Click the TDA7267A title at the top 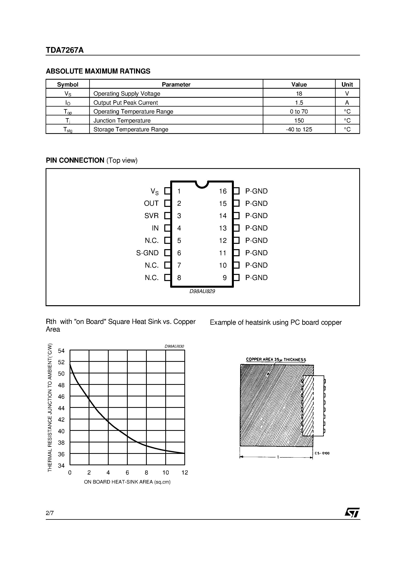pyautogui.click(x=65, y=50)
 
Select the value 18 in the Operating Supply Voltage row pyautogui.click(x=299, y=94)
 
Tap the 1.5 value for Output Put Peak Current pyautogui.click(x=299, y=103)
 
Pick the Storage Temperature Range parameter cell pyautogui.click(x=131, y=129)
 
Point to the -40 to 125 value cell pyautogui.click(x=299, y=129)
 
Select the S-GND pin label pyautogui.click(x=147, y=253)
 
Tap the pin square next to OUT pyautogui.click(x=167, y=203)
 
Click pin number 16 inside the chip pyautogui.click(x=223, y=191)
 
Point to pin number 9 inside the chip pyautogui.click(x=225, y=278)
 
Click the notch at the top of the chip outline pyautogui.click(x=202, y=185)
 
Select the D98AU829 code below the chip pyautogui.click(x=202, y=291)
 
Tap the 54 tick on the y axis pyautogui.click(x=61, y=351)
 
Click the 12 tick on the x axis pyautogui.click(x=185, y=473)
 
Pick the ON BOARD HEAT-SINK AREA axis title pyautogui.click(x=127, y=482)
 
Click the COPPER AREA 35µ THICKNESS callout pyautogui.click(x=276, y=360)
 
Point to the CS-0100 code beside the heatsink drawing pyautogui.click(x=322, y=453)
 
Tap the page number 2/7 pyautogui.click(x=50, y=513)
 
